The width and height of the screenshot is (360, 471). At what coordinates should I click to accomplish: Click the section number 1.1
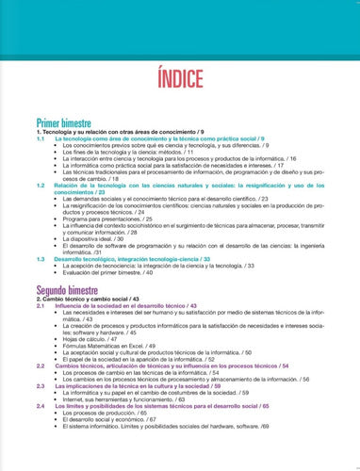point(41,138)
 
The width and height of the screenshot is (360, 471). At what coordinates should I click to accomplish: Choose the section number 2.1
point(41,306)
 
